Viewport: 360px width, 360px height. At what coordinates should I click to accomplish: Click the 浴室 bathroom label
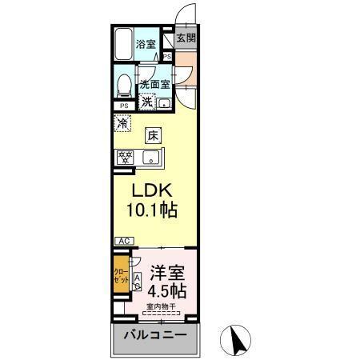click(145, 44)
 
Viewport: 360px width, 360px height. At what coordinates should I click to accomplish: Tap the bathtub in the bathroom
click(123, 45)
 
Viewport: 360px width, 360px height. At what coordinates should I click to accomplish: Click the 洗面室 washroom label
click(154, 84)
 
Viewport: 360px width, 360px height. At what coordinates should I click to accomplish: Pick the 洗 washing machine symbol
click(147, 101)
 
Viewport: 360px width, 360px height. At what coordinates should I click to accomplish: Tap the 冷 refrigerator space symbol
click(123, 123)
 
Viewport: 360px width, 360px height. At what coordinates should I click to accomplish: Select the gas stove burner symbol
click(126, 157)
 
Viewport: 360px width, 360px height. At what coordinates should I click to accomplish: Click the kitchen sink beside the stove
click(150, 157)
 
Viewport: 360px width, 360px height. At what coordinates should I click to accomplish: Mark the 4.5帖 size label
click(165, 289)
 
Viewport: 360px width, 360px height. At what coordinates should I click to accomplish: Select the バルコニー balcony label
click(154, 335)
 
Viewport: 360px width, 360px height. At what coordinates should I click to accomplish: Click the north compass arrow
click(238, 340)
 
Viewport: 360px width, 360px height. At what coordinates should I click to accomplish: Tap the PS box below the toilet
click(124, 106)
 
